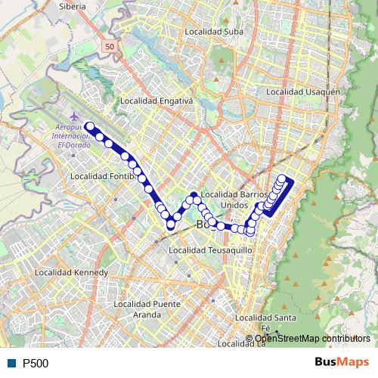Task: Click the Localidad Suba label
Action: point(214,32)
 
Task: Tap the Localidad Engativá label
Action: point(157,100)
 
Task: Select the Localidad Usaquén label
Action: point(300,92)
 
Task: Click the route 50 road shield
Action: point(110,47)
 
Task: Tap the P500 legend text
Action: point(36,364)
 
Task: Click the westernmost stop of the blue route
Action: point(89,127)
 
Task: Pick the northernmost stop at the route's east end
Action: point(282,179)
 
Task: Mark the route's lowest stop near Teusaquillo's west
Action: point(170,225)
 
